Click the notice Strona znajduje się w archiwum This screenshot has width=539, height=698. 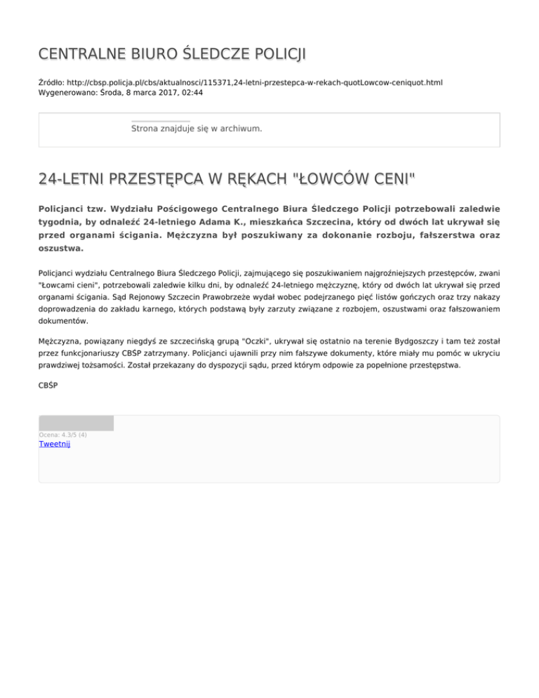pyautogui.click(x=197, y=129)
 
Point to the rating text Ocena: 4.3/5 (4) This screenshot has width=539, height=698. pyautogui.click(x=63, y=435)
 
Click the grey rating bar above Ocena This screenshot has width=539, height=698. pyautogui.click(x=76, y=423)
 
